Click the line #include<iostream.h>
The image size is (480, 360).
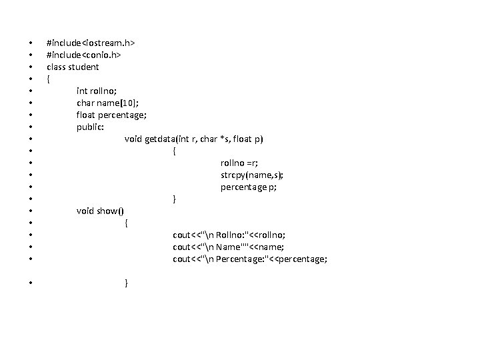[x=91, y=43]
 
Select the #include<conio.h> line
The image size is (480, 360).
[x=83, y=55]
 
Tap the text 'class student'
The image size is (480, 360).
[x=73, y=67]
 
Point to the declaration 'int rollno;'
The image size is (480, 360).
[x=98, y=91]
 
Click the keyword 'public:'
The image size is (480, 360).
[x=90, y=127]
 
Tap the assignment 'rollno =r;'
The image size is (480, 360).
[x=239, y=163]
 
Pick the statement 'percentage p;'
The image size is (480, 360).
[x=249, y=187]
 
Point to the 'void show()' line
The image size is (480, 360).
[x=100, y=211]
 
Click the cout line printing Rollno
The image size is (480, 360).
[x=229, y=235]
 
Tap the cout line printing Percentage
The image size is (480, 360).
[x=250, y=259]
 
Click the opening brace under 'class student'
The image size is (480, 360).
[x=48, y=79]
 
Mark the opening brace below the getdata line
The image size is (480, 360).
[x=175, y=151]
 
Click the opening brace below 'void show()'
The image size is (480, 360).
[x=127, y=223]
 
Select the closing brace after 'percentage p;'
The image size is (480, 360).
[x=175, y=199]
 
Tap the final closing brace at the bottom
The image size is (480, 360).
[x=127, y=283]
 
